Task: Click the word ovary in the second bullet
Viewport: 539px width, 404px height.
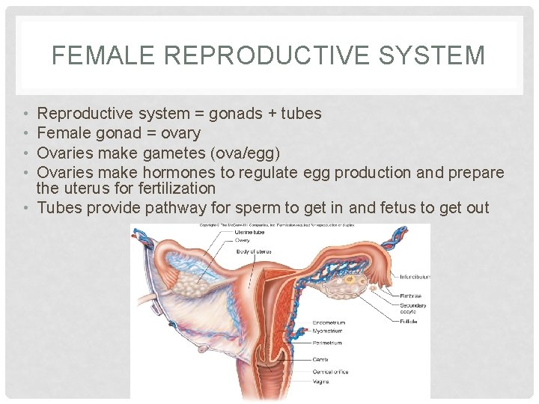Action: click(x=180, y=133)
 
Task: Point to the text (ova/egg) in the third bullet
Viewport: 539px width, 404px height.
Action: click(x=245, y=153)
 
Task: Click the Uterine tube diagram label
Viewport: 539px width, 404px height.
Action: click(x=246, y=232)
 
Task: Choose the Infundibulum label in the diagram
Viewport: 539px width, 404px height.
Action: click(x=415, y=277)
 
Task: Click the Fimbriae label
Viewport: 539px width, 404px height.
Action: click(x=412, y=296)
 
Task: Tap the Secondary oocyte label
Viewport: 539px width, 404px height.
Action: click(x=413, y=308)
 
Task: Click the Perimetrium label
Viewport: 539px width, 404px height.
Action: click(x=328, y=343)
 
